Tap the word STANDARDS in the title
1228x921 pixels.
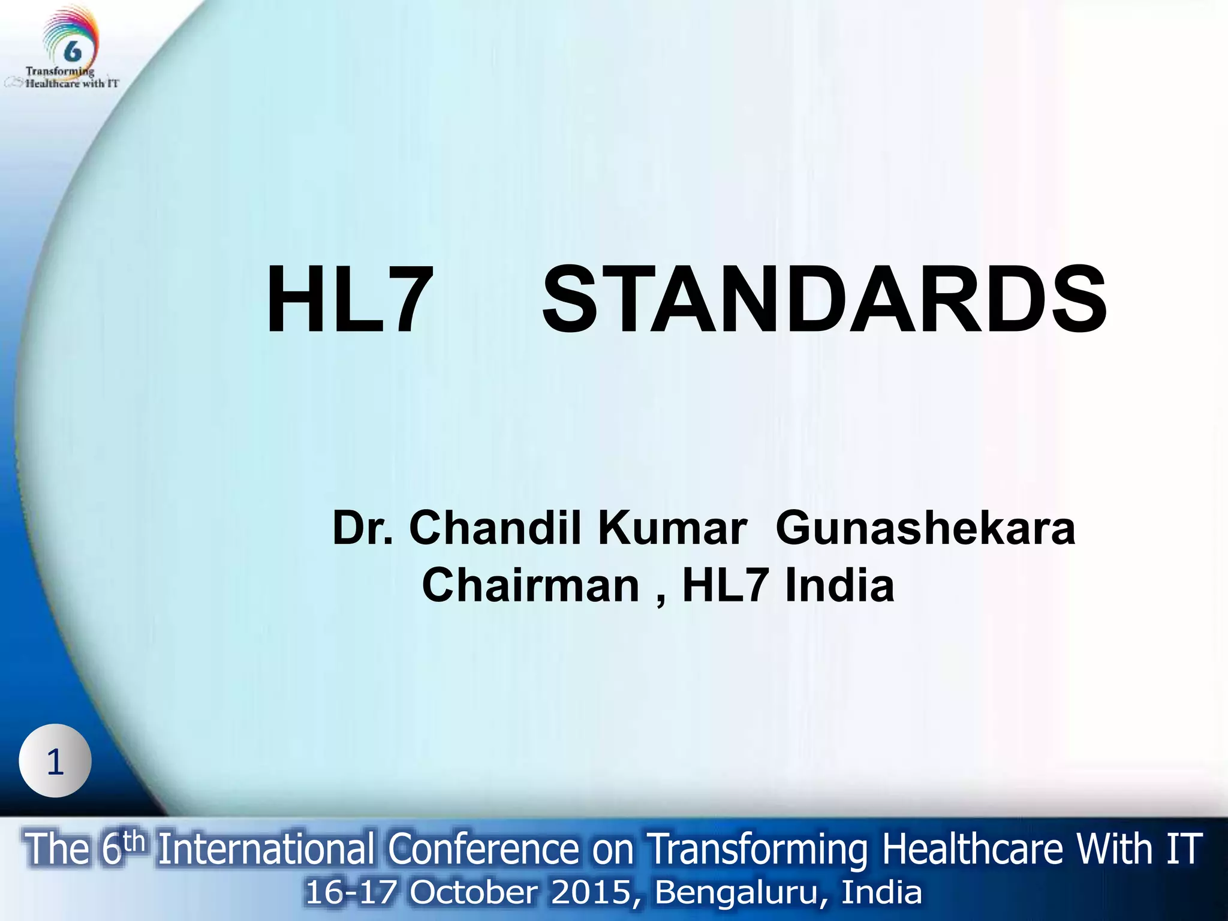click(x=824, y=300)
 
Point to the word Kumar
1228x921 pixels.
click(x=672, y=528)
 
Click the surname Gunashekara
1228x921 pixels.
click(x=925, y=528)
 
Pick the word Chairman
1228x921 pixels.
click(x=531, y=586)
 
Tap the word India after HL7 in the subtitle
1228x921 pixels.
click(x=840, y=586)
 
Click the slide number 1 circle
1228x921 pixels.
click(x=55, y=762)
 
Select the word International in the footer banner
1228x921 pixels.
click(x=266, y=850)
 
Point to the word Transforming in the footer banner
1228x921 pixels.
click(x=759, y=850)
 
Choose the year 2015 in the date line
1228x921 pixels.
click(x=591, y=892)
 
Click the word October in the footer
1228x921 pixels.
click(x=473, y=892)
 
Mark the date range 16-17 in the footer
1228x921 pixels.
click(x=351, y=892)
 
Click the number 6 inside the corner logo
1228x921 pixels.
click(x=73, y=52)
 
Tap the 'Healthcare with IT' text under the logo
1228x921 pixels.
click(x=71, y=84)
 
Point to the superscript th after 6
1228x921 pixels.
click(x=134, y=841)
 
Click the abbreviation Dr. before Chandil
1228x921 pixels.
click(x=363, y=528)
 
